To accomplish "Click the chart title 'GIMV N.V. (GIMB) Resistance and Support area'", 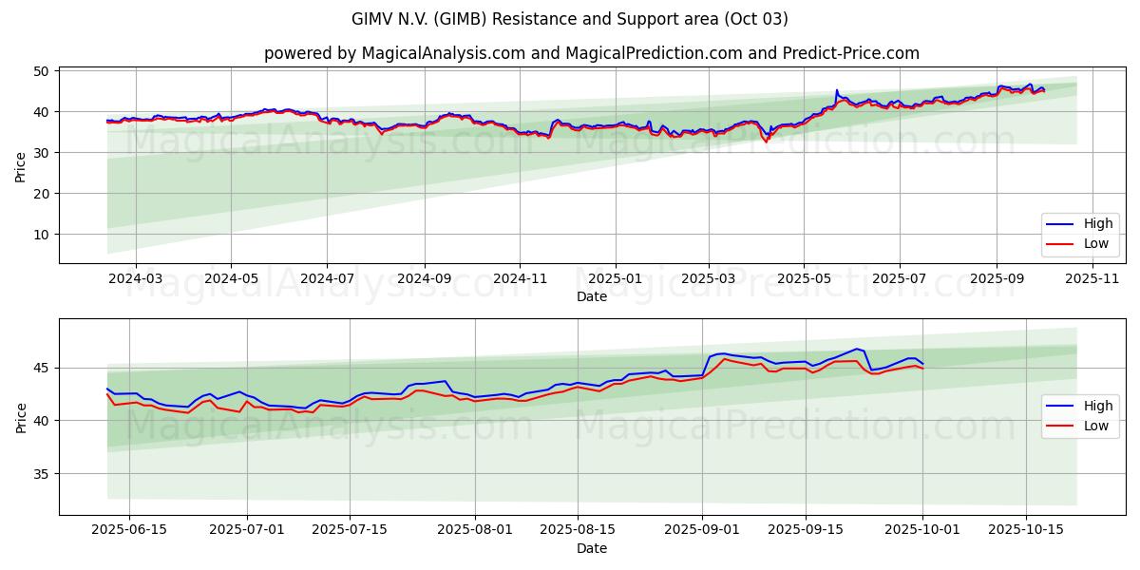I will [x=570, y=19].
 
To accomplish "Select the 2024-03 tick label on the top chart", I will [x=135, y=278].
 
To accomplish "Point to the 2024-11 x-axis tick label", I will [x=520, y=278].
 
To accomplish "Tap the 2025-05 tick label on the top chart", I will [x=804, y=278].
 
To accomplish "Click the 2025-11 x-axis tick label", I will [x=1092, y=278].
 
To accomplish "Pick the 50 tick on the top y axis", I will [x=41, y=71].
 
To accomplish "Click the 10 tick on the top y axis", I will [x=41, y=235].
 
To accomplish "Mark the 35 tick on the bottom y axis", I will [x=41, y=474].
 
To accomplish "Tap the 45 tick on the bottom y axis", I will [x=41, y=369].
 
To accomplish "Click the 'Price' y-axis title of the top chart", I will [x=21, y=165].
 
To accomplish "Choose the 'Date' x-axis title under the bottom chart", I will [x=591, y=548].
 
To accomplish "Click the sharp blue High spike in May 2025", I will [x=837, y=91].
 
